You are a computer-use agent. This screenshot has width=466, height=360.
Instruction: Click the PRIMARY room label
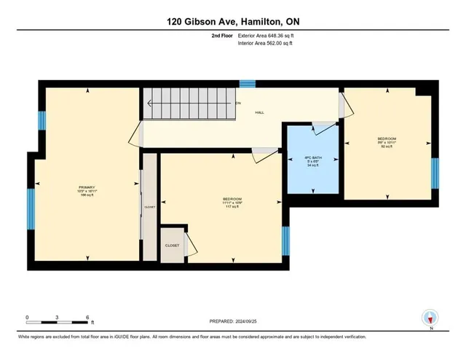point(87,187)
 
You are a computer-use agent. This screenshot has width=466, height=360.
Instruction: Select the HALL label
point(259,113)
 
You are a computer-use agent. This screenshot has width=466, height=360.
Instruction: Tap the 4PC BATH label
point(312,157)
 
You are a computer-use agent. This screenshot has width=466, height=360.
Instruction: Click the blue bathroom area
point(312,175)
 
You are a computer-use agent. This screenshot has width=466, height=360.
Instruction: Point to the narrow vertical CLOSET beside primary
point(150,206)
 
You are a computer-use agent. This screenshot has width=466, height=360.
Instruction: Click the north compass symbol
point(430,317)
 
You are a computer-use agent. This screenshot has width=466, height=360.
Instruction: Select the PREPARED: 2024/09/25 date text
point(233,321)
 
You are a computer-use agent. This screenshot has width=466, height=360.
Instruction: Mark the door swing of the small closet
point(191,245)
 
